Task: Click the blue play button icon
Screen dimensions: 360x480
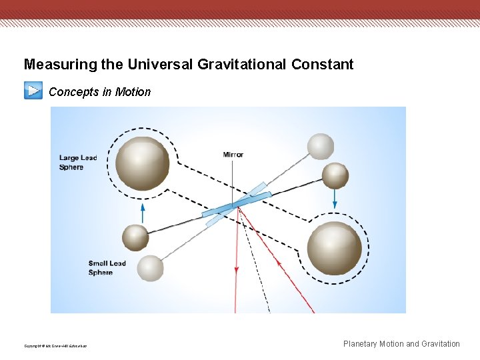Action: (33, 90)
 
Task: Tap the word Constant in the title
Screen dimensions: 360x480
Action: (322, 65)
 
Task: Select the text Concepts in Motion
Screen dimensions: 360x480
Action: (100, 92)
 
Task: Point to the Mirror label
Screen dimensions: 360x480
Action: (233, 155)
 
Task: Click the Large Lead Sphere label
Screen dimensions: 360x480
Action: (78, 163)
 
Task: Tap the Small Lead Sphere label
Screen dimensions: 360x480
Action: (107, 268)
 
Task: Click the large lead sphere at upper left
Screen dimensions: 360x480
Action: (142, 163)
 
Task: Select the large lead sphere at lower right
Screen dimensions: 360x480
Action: (335, 248)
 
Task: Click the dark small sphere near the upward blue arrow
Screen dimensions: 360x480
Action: (135, 237)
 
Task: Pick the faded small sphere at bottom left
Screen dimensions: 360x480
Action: (150, 268)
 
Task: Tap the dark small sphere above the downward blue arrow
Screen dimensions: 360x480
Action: (335, 175)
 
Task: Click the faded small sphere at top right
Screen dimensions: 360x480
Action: (321, 147)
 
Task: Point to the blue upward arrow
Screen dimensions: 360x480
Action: (143, 212)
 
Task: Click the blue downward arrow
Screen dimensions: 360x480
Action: (335, 199)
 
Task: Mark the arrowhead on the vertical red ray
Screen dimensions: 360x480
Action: (237, 269)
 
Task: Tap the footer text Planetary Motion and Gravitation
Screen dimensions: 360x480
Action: (401, 344)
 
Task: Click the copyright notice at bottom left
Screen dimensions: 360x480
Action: (55, 345)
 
